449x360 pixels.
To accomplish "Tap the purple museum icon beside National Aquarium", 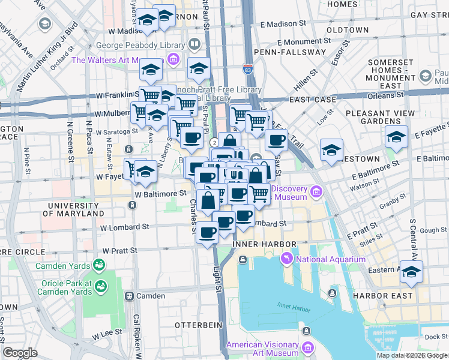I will click(286, 259).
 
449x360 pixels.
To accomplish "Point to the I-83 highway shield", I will click(248, 68).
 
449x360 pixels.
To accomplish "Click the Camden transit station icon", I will click(128, 296).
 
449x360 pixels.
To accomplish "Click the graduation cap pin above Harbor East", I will click(411, 271).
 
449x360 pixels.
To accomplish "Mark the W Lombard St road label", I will click(124, 227).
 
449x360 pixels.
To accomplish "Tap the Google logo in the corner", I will click(20, 353).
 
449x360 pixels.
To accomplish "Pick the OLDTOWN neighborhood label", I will click(347, 29).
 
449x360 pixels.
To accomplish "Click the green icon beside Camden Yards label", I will click(97, 265).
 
